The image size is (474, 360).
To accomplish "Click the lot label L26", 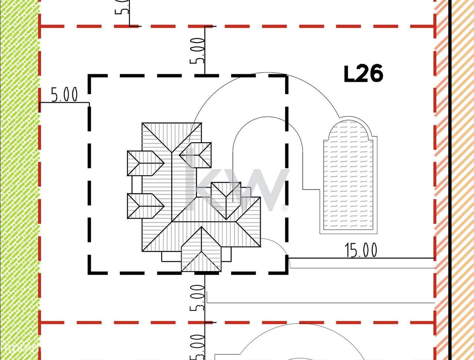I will click(363, 74).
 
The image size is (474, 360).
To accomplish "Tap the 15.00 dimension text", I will click(361, 250).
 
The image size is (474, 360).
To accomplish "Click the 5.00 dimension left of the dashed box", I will click(64, 95).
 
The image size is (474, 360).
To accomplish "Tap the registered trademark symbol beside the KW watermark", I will click(284, 208).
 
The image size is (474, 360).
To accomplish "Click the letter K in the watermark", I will click(194, 181).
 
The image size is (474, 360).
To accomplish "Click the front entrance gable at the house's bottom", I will click(201, 252).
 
